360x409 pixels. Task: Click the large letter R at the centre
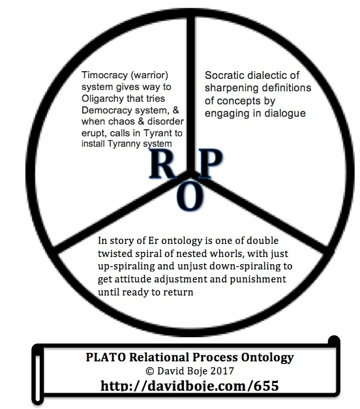point(162,164)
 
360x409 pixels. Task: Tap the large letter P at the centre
point(210,164)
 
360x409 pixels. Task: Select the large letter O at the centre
point(190,196)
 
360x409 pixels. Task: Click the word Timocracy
point(104,76)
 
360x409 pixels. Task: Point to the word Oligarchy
point(102,99)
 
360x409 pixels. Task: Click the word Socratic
point(224,76)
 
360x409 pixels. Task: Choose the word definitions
point(286,88)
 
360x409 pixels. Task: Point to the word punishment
point(258,280)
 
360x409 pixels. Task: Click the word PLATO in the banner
point(106,357)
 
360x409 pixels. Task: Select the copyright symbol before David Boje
point(150,371)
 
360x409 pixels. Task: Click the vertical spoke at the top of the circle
point(191,94)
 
